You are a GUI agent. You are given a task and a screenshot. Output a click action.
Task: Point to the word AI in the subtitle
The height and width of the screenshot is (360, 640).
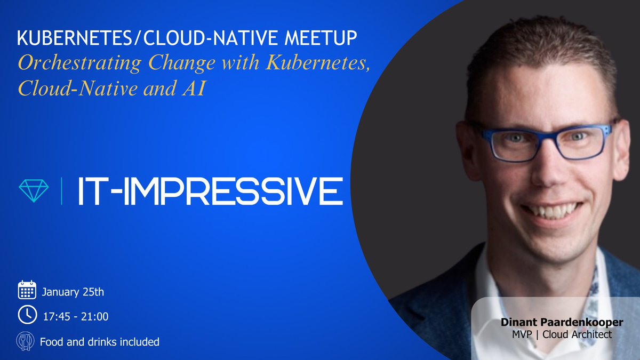pyautogui.click(x=194, y=89)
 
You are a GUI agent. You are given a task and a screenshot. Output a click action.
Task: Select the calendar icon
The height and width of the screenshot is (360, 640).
pyautogui.click(x=27, y=289)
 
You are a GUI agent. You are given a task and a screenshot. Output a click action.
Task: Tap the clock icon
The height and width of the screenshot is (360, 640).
pyautogui.click(x=27, y=315)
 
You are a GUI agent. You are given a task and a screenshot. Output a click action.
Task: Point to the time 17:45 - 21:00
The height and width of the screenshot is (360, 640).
pyautogui.click(x=75, y=317)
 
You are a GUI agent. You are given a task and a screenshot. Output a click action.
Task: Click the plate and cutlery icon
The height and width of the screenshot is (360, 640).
pyautogui.click(x=27, y=341)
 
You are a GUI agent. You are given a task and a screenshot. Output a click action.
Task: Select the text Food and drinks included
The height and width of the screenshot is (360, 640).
pyautogui.click(x=100, y=342)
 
